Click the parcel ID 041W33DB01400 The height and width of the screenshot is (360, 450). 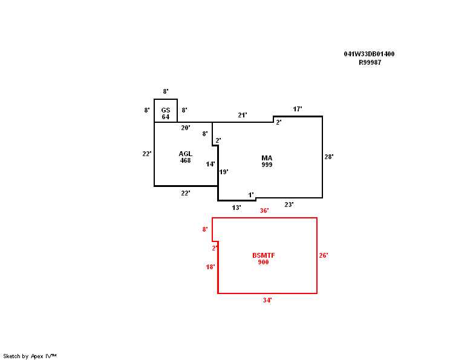(369, 54)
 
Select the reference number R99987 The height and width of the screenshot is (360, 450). (370, 62)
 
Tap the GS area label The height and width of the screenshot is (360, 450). (166, 110)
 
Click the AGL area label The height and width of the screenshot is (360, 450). (186, 154)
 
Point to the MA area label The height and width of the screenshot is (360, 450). (267, 158)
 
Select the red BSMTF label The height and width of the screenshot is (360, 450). (264, 255)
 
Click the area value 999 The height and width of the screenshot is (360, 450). (267, 165)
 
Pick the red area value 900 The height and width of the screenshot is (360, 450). (264, 262)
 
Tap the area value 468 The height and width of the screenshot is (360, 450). (186, 160)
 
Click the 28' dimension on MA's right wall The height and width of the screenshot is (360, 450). (329, 157)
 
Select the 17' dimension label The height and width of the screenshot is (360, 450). (298, 109)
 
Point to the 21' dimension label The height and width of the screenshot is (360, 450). (243, 115)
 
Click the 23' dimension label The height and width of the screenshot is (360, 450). (289, 205)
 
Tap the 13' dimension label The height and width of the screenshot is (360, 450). (236, 208)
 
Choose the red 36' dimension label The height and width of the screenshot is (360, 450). (264, 211)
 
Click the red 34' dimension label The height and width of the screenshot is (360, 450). (267, 300)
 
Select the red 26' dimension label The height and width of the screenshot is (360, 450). (324, 255)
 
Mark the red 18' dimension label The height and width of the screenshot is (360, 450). (210, 267)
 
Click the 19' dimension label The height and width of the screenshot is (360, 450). (224, 172)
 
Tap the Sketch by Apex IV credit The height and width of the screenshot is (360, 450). (30, 356)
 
